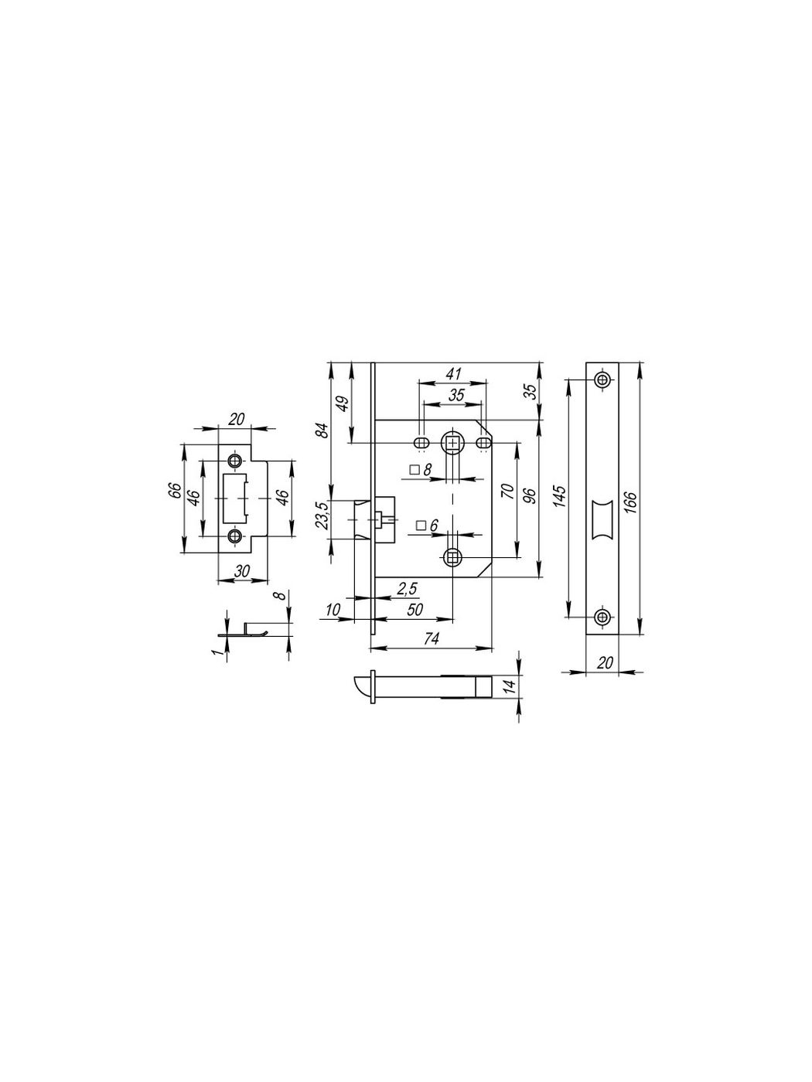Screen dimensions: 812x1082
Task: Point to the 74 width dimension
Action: point(431,638)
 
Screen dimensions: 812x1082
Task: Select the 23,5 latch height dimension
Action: point(322,515)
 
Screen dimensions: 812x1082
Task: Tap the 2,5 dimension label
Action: point(408,589)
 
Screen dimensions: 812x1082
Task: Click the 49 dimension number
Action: point(343,403)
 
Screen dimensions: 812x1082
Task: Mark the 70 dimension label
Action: point(508,492)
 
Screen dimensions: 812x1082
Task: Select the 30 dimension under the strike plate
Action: point(242,570)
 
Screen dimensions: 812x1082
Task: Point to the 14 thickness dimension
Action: point(510,686)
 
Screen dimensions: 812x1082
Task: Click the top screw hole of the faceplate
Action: point(602,379)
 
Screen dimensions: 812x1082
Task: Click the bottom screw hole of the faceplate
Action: point(602,616)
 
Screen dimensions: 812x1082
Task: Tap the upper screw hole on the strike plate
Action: point(234,461)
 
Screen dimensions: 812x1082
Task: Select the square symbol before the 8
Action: point(415,469)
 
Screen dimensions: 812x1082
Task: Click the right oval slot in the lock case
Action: point(483,443)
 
